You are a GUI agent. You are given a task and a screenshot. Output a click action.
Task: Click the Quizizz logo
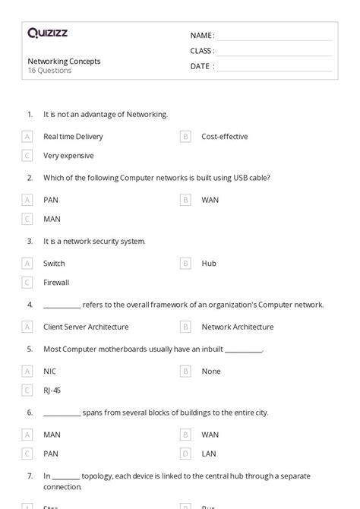pos(48,33)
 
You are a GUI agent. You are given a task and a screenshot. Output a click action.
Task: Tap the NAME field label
pos(202,35)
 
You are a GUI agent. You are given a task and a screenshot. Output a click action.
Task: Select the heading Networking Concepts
pos(64,61)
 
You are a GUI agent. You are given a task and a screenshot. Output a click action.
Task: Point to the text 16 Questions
pos(49,71)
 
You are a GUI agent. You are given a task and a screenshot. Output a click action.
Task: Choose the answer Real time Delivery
pos(73,137)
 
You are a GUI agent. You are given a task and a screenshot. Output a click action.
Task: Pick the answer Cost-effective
pos(224,137)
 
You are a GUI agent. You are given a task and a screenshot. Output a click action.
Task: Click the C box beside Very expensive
pos(27,156)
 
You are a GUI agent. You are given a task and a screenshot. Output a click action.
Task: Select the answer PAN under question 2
pos(51,200)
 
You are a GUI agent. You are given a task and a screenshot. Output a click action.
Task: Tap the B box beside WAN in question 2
pos(185,200)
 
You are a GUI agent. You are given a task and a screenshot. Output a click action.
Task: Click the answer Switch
pos(54,264)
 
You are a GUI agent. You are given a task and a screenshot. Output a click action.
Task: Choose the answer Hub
pos(209,264)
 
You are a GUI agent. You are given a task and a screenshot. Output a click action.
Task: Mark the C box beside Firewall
pos(27,283)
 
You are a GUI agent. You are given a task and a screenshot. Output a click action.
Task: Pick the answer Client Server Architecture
pos(86,327)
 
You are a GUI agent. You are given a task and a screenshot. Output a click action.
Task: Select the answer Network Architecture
pos(237,327)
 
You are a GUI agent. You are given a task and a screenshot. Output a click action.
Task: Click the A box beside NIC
pos(27,371)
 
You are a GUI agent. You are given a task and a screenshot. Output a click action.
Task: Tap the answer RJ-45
pos(52,390)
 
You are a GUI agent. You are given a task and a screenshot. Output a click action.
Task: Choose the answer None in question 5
pos(211,371)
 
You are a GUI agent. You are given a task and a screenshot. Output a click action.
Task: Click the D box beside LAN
pos(185,454)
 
